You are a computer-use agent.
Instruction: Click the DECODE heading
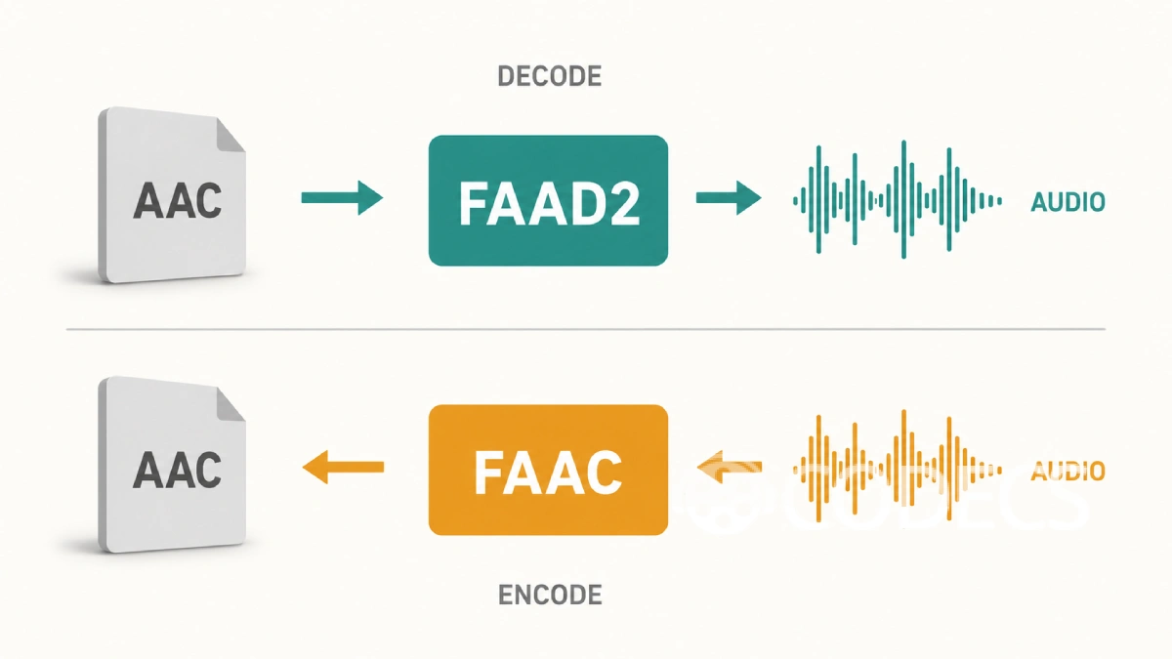pos(549,76)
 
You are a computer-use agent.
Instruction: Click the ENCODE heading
pos(550,596)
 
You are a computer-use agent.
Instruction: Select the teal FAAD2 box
pos(548,200)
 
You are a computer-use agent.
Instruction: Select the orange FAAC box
pos(548,470)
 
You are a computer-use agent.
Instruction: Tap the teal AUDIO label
pos(1067,202)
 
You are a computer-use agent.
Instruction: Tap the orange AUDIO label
pos(1067,472)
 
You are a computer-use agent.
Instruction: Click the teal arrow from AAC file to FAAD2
pos(342,197)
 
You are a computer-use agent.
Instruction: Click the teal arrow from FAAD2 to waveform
pos(729,197)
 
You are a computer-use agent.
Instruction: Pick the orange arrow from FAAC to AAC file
pos(343,467)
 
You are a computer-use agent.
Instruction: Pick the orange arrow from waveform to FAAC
pos(730,467)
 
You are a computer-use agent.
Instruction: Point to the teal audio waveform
pos(898,200)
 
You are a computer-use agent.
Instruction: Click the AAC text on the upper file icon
pos(178,200)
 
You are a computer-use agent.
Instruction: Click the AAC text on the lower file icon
pos(178,470)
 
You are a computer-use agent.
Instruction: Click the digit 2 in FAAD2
pos(624,203)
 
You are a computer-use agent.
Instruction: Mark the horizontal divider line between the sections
pos(585,330)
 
